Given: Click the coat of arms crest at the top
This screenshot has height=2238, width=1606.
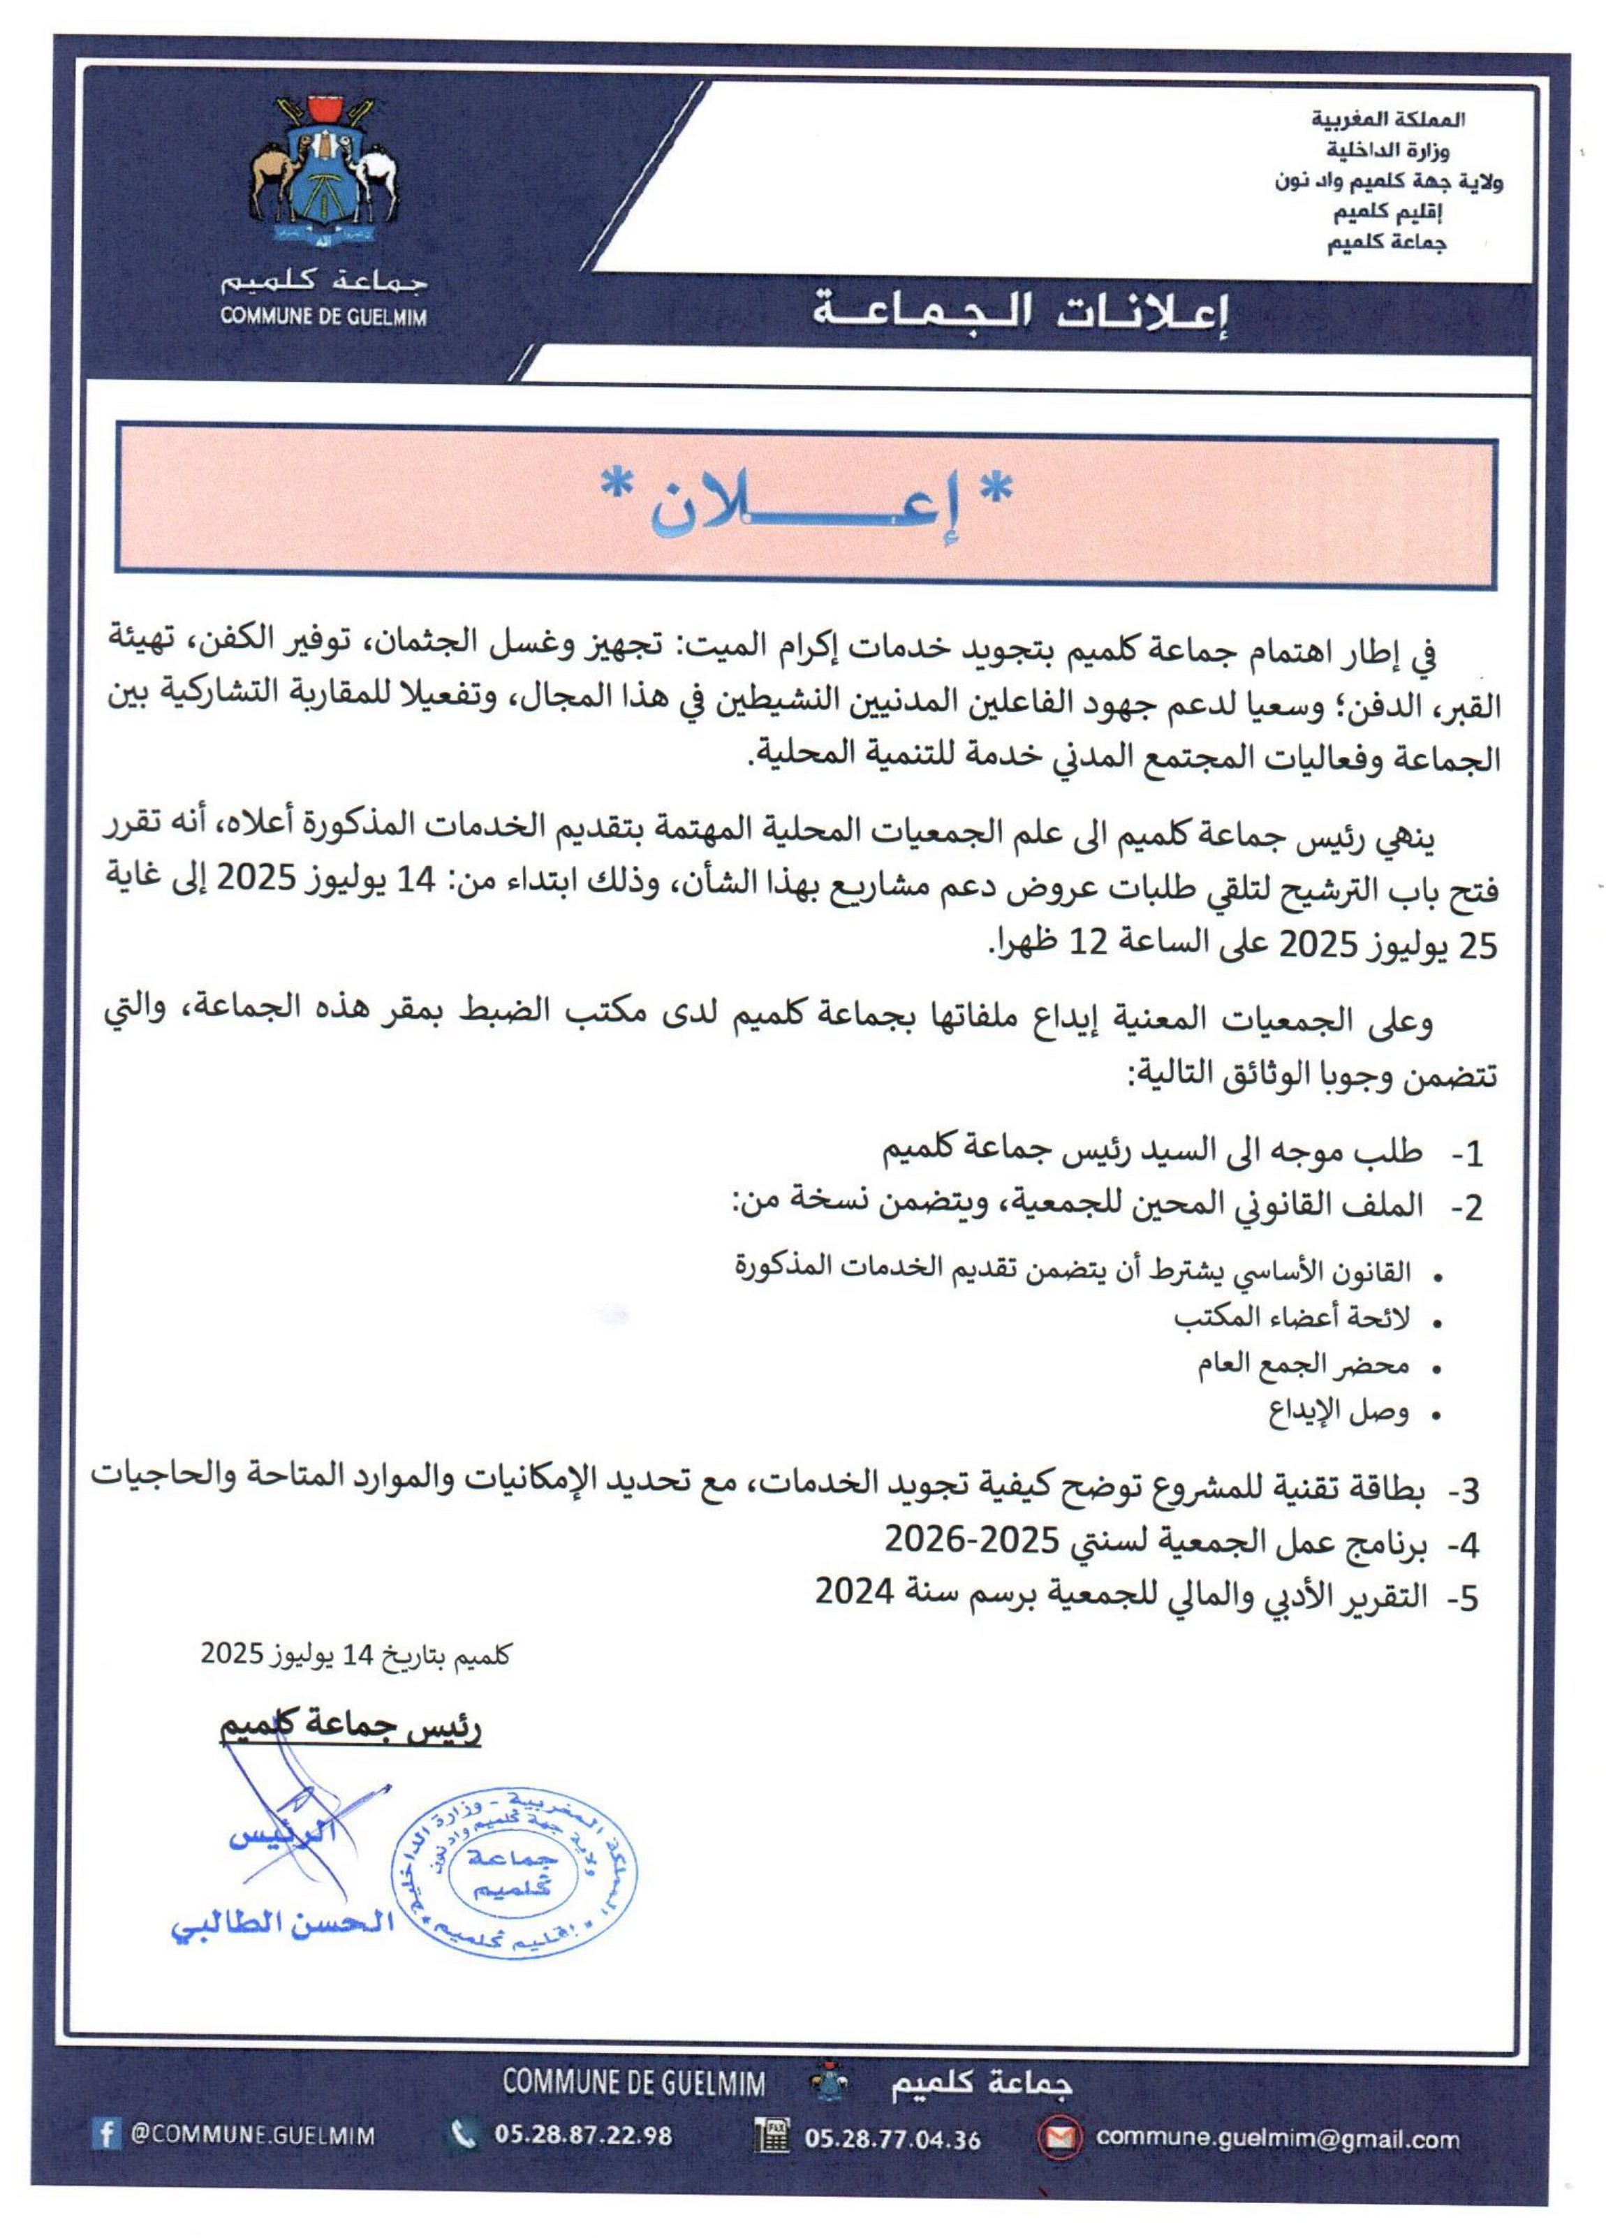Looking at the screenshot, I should click(323, 170).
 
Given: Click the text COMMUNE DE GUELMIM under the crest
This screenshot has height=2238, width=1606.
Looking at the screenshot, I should click(323, 318).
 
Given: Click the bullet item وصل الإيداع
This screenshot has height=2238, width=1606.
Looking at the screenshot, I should click(1338, 1414).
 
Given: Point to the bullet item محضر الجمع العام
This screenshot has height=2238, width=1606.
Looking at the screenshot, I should click(1302, 1366).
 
